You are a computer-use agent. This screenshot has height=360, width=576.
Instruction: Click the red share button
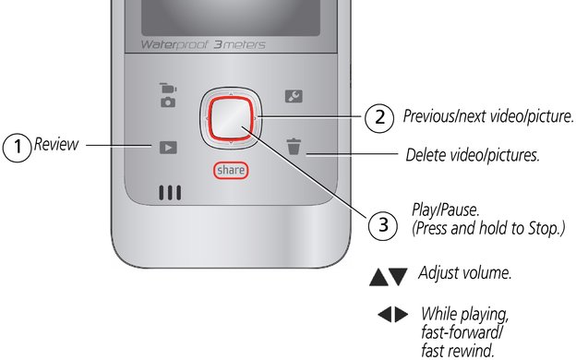click(231, 171)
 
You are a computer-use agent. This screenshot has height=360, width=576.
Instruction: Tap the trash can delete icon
click(294, 146)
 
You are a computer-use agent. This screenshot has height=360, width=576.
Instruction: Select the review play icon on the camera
click(168, 148)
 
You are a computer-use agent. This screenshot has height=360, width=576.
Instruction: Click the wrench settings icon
click(294, 96)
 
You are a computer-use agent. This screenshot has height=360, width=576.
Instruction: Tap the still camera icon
click(168, 102)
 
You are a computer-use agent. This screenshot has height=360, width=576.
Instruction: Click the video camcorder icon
click(168, 89)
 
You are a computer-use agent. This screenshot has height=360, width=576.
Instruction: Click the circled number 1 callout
click(17, 148)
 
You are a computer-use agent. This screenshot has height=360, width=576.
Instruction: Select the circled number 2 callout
click(379, 117)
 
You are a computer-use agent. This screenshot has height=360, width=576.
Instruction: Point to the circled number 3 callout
click(383, 225)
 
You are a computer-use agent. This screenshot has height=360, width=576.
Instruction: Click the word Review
click(56, 144)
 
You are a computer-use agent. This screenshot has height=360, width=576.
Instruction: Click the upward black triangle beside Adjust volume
click(378, 277)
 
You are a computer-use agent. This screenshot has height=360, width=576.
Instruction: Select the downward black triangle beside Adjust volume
click(398, 277)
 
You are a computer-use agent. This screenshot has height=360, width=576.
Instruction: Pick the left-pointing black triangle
click(385, 315)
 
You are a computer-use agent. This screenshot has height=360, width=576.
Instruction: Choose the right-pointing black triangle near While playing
click(402, 315)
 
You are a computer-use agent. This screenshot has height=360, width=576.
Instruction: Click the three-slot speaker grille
click(170, 193)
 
